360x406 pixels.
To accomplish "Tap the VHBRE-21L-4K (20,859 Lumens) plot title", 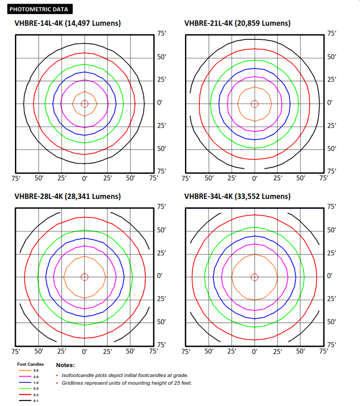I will click(x=237, y=24).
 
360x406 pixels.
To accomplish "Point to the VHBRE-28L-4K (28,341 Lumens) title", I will click(x=67, y=196).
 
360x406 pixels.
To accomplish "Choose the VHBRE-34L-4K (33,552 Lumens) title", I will click(x=237, y=196).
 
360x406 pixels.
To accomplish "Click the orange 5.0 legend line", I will click(x=25, y=371).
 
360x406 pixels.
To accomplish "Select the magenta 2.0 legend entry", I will click(x=25, y=377).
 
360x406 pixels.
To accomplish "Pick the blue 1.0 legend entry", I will click(x=25, y=382).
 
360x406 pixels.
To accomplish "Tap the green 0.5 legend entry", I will click(x=25, y=388).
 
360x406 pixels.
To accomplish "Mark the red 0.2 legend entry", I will click(x=25, y=395).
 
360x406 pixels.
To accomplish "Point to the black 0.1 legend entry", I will click(x=25, y=401).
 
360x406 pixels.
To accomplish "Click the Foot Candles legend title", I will click(x=30, y=364).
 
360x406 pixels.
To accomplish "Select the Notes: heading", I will click(x=65, y=365).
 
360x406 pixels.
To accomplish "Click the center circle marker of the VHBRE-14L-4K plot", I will click(x=85, y=104).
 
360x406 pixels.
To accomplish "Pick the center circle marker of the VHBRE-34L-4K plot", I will click(x=255, y=277).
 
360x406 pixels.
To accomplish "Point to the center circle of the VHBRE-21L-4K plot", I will click(x=255, y=104).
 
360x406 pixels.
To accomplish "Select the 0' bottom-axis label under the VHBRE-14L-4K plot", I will click(x=85, y=179).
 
